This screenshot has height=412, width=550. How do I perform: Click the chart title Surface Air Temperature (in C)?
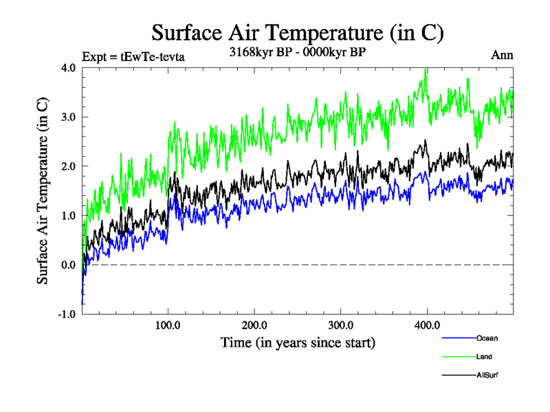pos(297,32)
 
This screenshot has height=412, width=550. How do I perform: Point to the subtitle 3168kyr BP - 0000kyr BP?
pos(297,52)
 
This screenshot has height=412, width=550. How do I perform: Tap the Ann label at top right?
pos(502,55)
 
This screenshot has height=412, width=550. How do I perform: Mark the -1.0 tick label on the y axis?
pos(67,314)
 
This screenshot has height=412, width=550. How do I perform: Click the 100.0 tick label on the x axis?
pos(168,325)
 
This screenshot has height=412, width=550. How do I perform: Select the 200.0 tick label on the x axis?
pos(254,325)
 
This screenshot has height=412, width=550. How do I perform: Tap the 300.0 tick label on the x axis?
pos(341,325)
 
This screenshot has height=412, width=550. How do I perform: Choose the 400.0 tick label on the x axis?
pos(427,325)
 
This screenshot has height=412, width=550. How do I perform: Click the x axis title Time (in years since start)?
pos(298,341)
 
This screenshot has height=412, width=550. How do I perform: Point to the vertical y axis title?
pos(43,191)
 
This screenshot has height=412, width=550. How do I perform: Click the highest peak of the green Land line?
pos(426,69)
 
